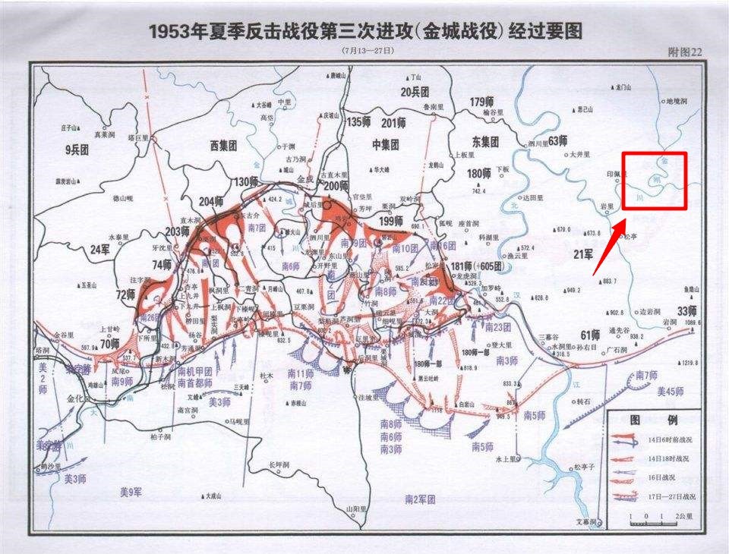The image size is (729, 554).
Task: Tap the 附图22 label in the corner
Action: tap(683, 52)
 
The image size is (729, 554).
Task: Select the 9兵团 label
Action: tap(77, 150)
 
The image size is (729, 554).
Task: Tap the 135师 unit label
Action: tap(358, 122)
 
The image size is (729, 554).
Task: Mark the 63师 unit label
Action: tap(557, 140)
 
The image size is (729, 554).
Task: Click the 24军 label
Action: tap(100, 248)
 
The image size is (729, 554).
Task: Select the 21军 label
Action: tap(583, 253)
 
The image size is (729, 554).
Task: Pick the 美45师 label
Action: tap(671, 392)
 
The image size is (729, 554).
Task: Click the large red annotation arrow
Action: tap(608, 247)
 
